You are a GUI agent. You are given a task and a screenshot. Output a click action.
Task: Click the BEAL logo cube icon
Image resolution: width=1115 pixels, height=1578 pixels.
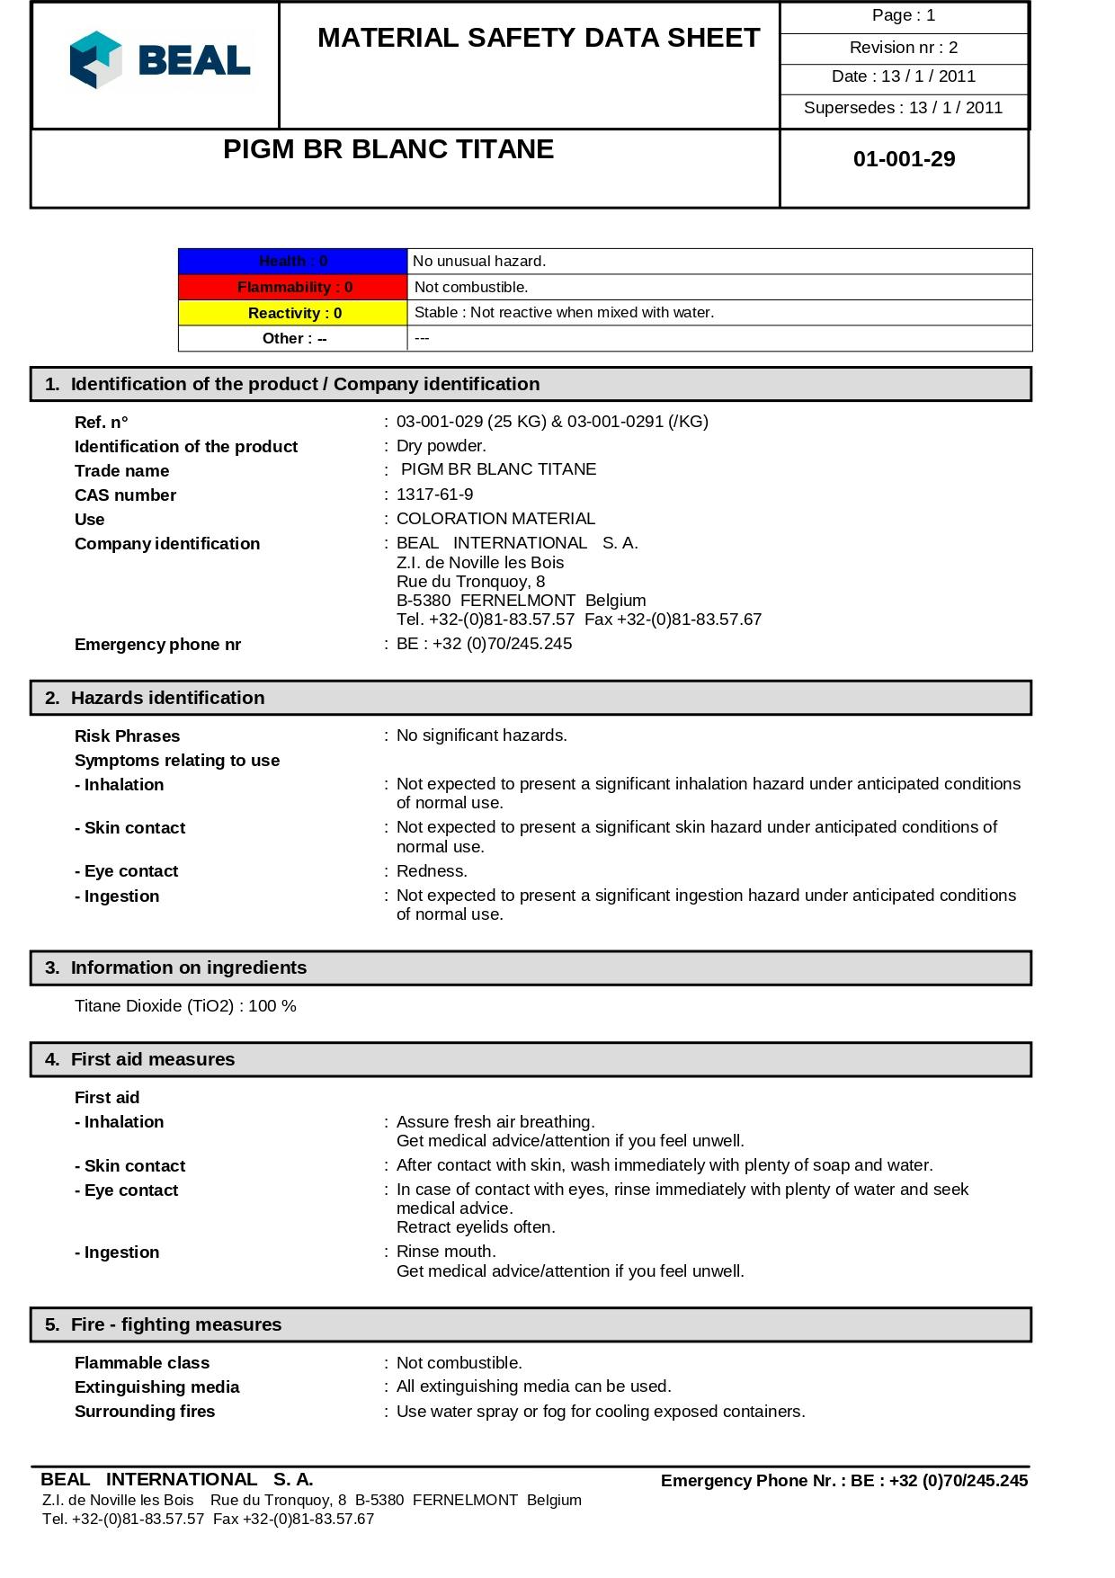tap(95, 60)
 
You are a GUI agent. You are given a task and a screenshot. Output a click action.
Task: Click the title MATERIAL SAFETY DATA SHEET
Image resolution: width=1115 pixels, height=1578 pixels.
tap(539, 38)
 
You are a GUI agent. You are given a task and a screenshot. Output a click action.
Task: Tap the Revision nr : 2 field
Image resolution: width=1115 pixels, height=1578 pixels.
tap(903, 48)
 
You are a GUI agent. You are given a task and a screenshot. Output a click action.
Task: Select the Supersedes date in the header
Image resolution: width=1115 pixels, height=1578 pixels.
tap(903, 108)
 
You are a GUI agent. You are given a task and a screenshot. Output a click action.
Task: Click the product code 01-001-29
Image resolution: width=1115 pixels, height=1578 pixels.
tap(904, 159)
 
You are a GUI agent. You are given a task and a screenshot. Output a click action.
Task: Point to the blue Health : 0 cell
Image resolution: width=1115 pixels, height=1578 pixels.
tap(293, 261)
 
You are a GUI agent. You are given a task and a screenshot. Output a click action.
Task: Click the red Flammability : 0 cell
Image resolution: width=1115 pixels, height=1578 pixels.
tap(293, 287)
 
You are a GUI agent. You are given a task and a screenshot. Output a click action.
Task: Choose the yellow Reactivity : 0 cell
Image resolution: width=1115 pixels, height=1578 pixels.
tap(293, 313)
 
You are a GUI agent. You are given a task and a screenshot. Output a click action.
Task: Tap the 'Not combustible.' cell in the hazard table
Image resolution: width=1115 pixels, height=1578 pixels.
tap(471, 287)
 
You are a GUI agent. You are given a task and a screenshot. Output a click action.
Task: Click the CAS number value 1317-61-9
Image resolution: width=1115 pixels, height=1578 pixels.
tap(434, 495)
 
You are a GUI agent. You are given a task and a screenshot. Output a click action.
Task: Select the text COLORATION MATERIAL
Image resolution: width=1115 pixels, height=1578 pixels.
tap(495, 519)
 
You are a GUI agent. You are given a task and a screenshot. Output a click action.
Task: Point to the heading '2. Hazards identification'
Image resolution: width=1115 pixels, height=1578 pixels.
tap(167, 698)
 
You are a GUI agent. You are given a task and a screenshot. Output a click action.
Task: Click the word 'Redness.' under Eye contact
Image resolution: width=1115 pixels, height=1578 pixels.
tap(432, 871)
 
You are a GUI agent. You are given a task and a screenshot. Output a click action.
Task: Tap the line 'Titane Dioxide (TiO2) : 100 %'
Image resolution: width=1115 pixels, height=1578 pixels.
tap(185, 1006)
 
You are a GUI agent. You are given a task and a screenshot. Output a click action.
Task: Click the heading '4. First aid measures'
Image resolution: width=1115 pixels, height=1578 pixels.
tap(152, 1059)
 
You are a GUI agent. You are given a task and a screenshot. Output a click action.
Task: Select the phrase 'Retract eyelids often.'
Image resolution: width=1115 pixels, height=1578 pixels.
tap(476, 1227)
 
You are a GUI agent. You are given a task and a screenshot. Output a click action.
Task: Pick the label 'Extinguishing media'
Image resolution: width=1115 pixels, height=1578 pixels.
tap(156, 1387)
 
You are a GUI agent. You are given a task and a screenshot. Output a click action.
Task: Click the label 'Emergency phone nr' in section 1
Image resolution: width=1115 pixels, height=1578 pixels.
tap(157, 645)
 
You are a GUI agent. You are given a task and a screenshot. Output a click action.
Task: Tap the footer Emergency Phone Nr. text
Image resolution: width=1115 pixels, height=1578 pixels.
tap(843, 1481)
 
